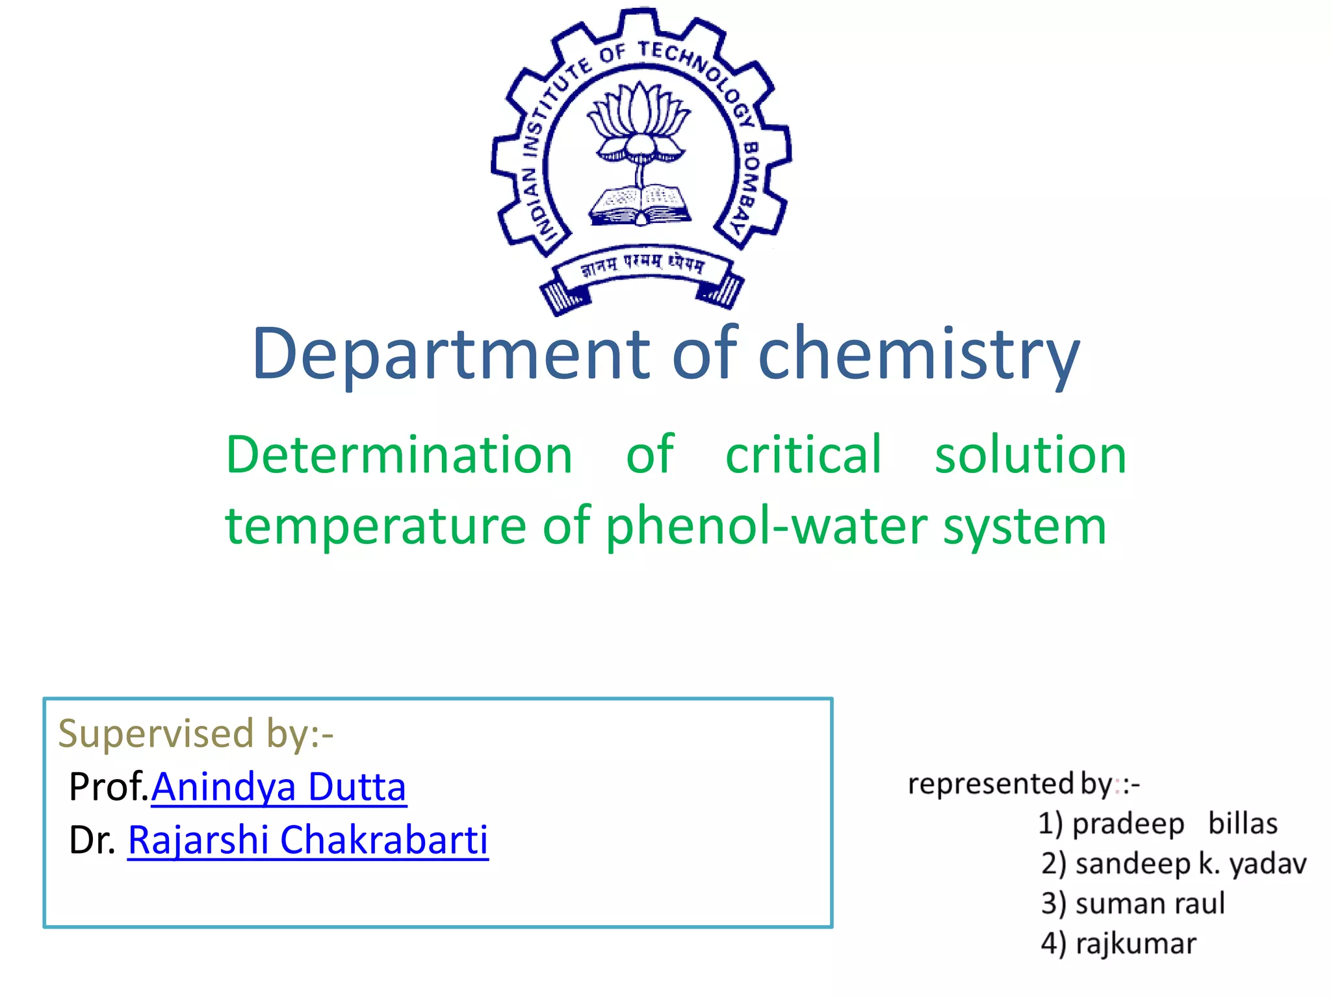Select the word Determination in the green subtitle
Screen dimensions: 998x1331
398,455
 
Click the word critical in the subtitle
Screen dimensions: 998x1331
803,455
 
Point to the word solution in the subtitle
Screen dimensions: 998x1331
1030,455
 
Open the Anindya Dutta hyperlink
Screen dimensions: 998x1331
279,787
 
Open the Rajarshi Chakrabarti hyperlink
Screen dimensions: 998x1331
307,840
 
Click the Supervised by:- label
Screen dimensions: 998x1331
196,734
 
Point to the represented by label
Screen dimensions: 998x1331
1023,784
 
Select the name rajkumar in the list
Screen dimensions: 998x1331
1135,944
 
